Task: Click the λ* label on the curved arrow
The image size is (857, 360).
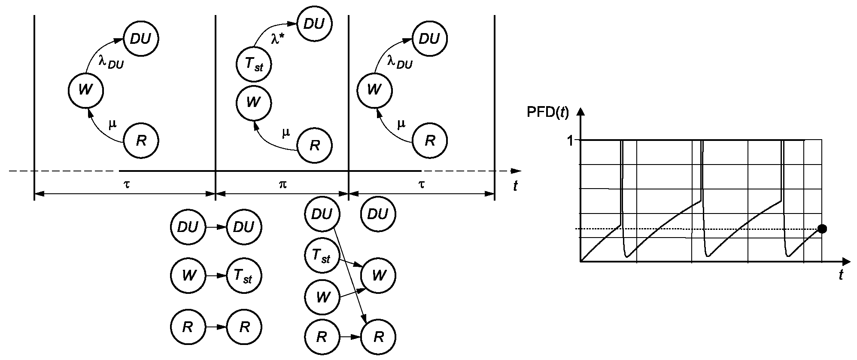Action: click(277, 38)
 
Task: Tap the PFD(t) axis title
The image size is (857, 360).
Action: click(547, 112)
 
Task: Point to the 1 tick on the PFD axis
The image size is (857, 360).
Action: click(570, 141)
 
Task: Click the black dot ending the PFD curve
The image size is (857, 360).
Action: click(822, 229)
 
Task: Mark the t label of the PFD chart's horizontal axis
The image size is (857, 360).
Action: click(841, 275)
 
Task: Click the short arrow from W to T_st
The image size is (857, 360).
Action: click(216, 275)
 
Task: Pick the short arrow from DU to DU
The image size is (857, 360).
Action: click(216, 227)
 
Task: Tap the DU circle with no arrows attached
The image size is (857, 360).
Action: click(378, 214)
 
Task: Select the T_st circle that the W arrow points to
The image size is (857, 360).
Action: click(244, 275)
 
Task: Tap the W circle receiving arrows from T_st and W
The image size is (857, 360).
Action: click(378, 275)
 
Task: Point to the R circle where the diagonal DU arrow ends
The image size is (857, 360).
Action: click(378, 337)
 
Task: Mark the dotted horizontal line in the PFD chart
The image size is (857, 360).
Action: click(700, 229)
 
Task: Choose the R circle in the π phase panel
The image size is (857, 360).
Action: click(314, 146)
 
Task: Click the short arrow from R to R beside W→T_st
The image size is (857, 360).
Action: click(216, 327)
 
